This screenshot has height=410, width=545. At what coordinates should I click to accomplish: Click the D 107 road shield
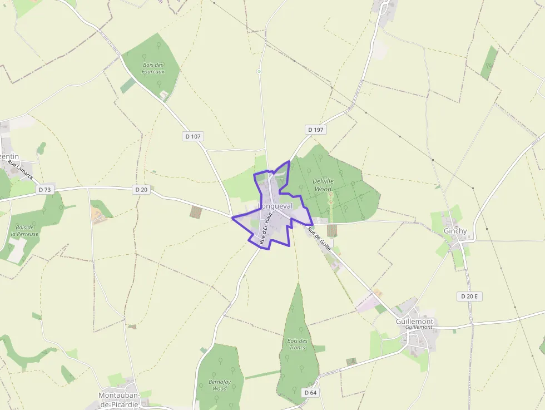[x=192, y=136]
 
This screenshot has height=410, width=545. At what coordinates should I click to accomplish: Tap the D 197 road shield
[x=315, y=130]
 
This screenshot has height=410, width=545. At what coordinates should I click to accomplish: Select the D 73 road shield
[x=45, y=190]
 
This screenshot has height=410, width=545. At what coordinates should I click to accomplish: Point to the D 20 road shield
[x=141, y=190]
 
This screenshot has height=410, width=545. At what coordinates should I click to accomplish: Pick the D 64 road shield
[x=310, y=393]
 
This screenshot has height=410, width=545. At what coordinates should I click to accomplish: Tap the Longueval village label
[x=276, y=206]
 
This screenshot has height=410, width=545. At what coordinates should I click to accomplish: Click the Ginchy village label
[x=455, y=231]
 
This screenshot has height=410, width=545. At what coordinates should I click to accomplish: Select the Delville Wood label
[x=323, y=185]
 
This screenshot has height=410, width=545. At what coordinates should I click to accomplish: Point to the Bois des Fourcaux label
[x=153, y=68]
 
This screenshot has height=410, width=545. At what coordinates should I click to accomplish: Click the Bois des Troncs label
[x=297, y=344]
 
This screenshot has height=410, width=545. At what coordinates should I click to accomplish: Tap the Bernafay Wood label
[x=220, y=385]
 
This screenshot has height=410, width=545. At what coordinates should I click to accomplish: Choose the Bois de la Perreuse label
[x=27, y=231]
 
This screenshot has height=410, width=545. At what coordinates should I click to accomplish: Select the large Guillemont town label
[x=414, y=322]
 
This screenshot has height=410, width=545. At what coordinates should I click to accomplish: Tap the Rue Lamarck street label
[x=21, y=170]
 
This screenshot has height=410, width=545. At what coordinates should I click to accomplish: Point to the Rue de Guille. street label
[x=320, y=239]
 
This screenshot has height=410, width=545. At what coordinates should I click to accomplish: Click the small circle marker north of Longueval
[x=259, y=72]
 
